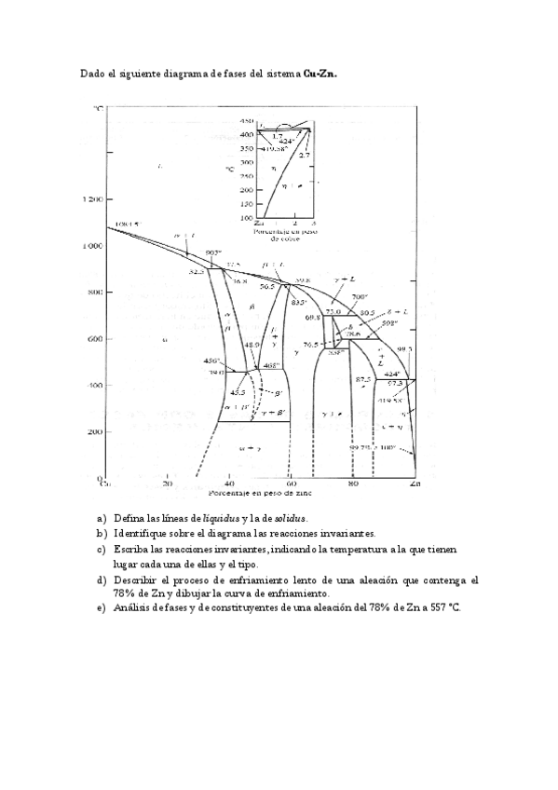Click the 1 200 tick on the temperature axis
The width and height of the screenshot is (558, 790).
pos(89,198)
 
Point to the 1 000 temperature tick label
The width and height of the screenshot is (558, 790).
pos(89,246)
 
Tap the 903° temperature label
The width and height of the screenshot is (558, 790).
pos(212,252)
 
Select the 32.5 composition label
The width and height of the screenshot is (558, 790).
pos(197,271)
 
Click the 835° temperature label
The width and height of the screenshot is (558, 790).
pos(299,303)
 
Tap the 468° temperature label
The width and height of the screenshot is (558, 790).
pos(271,367)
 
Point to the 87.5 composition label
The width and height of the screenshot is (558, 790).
pos(363,379)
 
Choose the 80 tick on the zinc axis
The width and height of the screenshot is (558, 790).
pos(353,484)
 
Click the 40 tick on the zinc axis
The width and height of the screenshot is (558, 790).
pos(229,484)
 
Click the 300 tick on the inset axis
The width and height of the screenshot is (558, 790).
pos(247,161)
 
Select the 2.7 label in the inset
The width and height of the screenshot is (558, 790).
pos(305,155)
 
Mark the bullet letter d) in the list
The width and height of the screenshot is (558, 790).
pos(102,579)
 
